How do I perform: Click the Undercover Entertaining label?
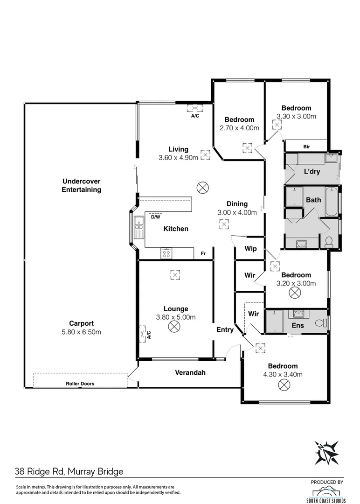click(82, 185)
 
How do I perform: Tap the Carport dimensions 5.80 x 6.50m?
click(82, 332)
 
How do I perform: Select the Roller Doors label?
click(80, 384)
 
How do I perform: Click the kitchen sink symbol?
click(138, 227)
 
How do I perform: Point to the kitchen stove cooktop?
click(167, 253)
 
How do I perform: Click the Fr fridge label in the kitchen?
click(203, 253)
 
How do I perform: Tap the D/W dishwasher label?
click(155, 217)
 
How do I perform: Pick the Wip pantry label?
click(250, 249)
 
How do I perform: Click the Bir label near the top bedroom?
click(306, 147)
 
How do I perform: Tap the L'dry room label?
click(312, 171)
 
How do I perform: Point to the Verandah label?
click(190, 372)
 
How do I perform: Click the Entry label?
click(225, 329)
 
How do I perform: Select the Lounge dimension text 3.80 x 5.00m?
click(176, 317)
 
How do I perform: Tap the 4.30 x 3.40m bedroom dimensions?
click(283, 374)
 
